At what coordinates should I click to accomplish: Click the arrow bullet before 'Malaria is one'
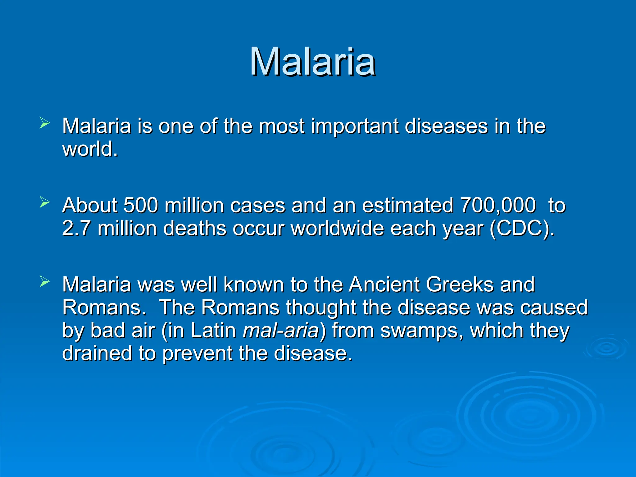pyautogui.click(x=45, y=123)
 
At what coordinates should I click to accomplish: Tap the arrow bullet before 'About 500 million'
pyautogui.click(x=45, y=202)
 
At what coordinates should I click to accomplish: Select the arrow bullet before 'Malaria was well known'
pyautogui.click(x=45, y=282)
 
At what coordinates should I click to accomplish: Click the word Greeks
pyautogui.click(x=460, y=284)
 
